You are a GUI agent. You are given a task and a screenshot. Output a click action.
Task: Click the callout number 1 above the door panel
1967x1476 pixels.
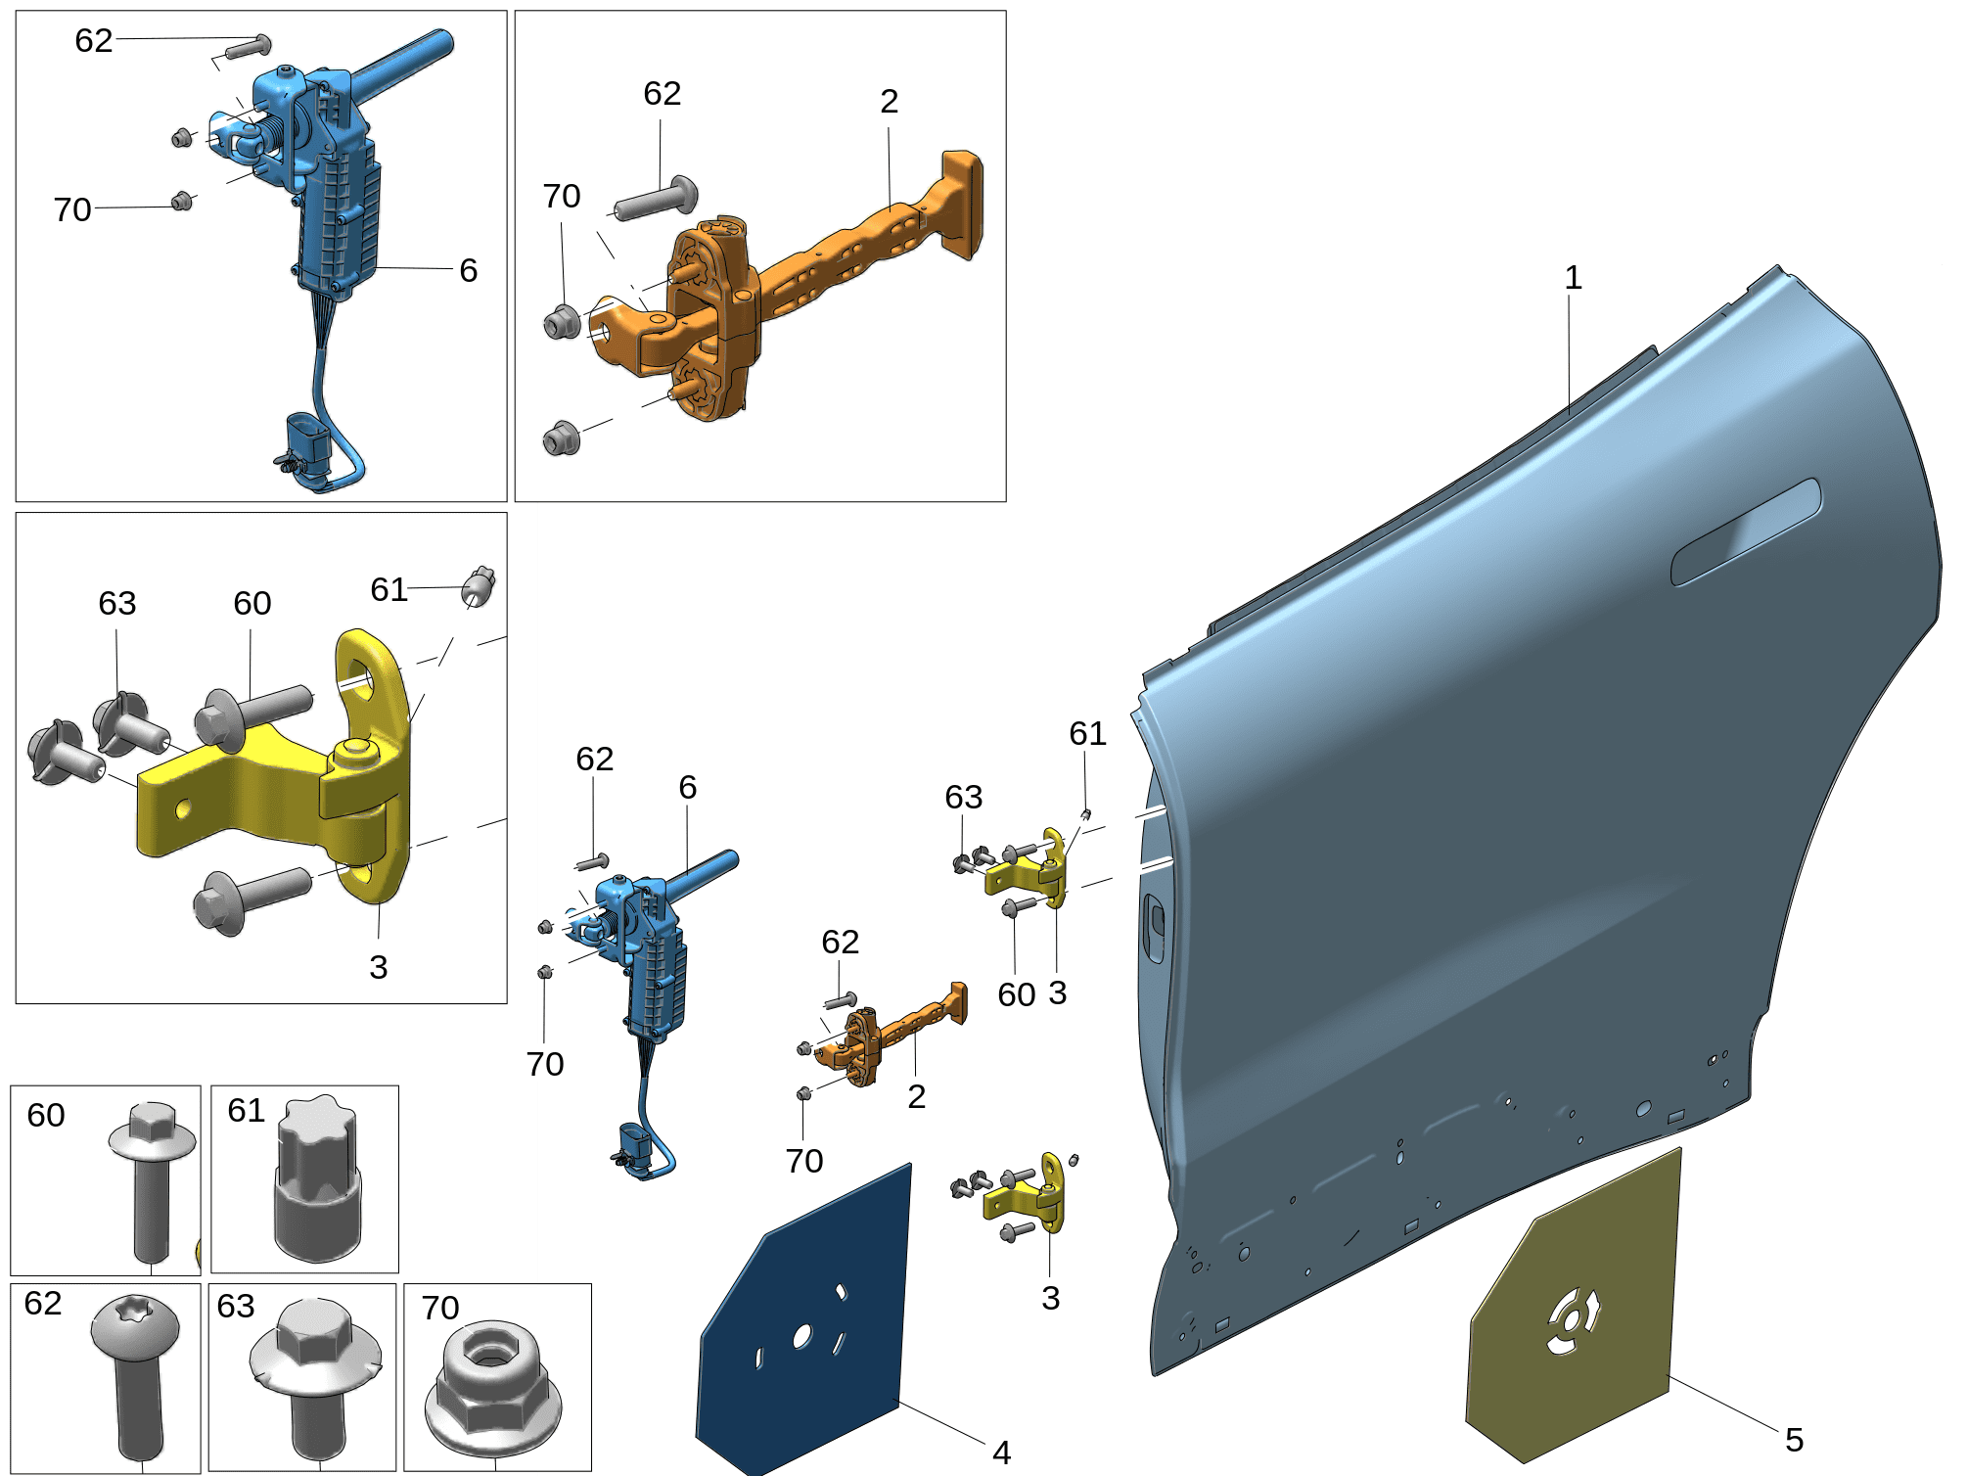coord(1573,278)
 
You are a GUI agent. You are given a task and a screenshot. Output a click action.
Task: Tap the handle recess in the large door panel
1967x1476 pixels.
coord(1746,531)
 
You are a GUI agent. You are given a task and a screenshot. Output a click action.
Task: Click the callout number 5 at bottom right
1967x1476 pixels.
coord(1794,1440)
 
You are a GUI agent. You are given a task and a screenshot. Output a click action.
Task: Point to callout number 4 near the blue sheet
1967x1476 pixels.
coord(1001,1453)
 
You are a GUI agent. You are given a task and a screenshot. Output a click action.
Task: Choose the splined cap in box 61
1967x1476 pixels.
coord(317,1178)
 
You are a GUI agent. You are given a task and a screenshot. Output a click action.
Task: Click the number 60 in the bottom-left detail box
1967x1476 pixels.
coord(46,1116)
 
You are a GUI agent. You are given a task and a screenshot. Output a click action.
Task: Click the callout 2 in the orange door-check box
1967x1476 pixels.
coord(889,102)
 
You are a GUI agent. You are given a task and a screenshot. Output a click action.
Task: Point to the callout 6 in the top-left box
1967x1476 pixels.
coord(469,270)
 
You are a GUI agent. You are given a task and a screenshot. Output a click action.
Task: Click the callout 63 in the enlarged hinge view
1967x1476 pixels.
coord(117,604)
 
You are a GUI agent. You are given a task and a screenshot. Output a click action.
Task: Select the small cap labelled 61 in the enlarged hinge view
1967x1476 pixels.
coord(479,585)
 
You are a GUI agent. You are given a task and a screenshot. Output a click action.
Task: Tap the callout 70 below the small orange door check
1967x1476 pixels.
coord(804,1162)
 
